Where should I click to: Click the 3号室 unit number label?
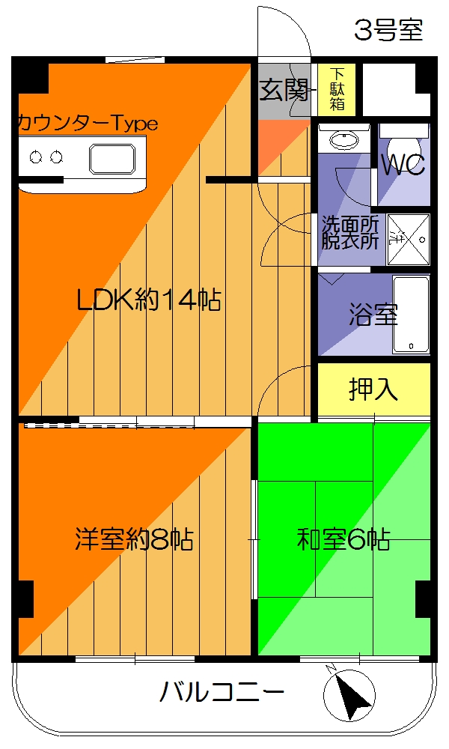click(x=388, y=30)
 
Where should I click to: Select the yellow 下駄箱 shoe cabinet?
click(x=337, y=90)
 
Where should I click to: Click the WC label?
click(x=403, y=164)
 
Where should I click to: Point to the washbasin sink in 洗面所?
click(x=345, y=141)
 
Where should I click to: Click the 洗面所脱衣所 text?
click(x=350, y=232)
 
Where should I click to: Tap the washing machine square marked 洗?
click(x=409, y=239)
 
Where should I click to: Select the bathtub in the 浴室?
click(x=412, y=315)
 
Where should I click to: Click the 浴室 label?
click(x=373, y=315)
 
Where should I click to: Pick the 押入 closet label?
click(x=373, y=389)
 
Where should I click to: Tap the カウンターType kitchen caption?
click(x=88, y=124)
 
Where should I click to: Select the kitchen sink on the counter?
click(x=112, y=159)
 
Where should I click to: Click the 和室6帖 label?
click(x=343, y=539)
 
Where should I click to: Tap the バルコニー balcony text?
click(x=222, y=691)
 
